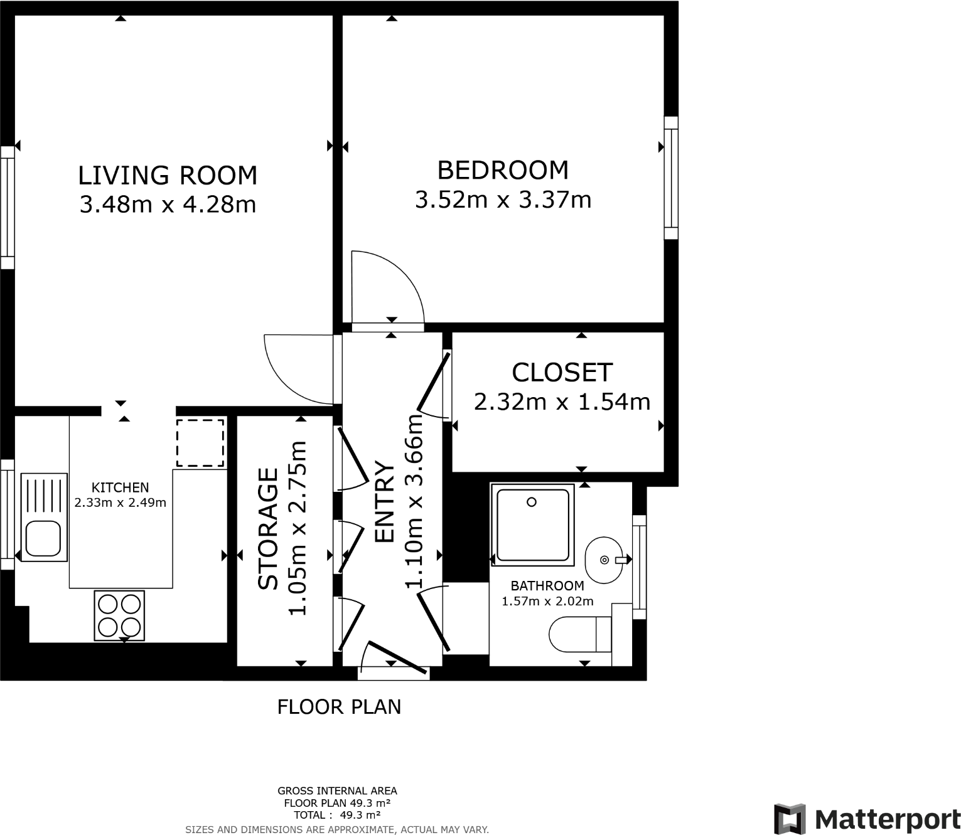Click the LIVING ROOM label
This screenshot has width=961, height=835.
(x=168, y=176)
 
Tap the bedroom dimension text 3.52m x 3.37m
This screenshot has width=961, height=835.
(x=503, y=200)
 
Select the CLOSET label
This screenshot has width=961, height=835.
(x=562, y=373)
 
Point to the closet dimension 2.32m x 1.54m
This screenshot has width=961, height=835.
(x=562, y=402)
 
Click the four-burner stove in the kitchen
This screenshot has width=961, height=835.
(x=119, y=615)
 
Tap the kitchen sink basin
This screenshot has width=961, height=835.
(x=43, y=540)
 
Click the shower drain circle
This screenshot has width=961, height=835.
(x=532, y=502)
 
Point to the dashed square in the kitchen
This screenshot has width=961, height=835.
(x=200, y=443)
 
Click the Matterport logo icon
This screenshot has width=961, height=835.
(x=790, y=819)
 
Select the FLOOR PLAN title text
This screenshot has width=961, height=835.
(x=339, y=707)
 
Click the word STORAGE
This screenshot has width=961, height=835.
(x=269, y=529)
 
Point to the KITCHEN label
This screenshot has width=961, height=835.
(x=120, y=487)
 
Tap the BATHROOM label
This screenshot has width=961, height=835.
(x=547, y=586)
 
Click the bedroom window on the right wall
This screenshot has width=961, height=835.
(x=671, y=178)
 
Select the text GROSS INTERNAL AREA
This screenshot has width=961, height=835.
(x=337, y=791)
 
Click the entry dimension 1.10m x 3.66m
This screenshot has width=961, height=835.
(x=415, y=502)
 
